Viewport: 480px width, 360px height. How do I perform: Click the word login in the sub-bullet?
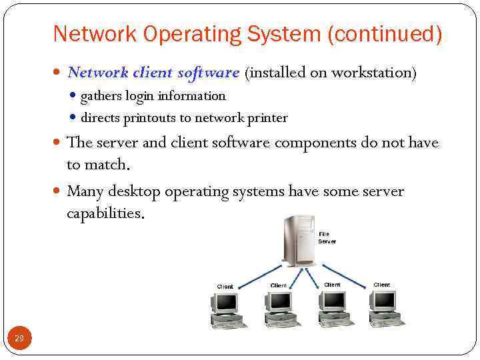[x=138, y=96]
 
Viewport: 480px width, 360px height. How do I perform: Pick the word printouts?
[x=150, y=118]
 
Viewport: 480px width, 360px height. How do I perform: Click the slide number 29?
[x=19, y=339]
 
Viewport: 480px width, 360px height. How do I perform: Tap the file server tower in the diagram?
[x=299, y=240]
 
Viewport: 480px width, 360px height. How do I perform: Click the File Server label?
[x=327, y=237]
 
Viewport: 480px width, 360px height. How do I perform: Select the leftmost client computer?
[x=227, y=310]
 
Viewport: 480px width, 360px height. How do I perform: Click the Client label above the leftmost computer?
[x=225, y=287]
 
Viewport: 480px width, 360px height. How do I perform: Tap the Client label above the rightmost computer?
[x=381, y=285]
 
